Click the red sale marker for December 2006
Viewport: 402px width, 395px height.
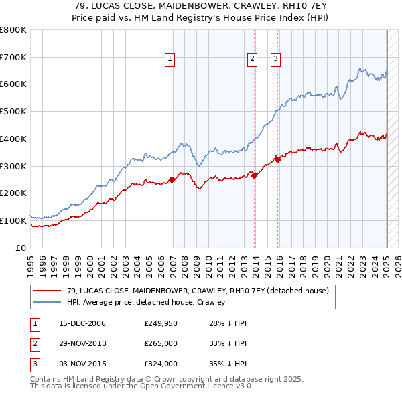click(x=172, y=179)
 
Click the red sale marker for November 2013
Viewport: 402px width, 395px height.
click(x=255, y=175)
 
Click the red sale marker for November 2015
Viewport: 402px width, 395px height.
click(x=277, y=159)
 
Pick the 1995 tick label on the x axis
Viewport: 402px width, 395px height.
click(x=31, y=265)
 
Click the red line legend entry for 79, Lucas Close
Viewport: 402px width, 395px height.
click(x=198, y=291)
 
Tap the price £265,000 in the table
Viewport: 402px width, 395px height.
click(x=160, y=344)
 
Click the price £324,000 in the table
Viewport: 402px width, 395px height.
click(x=160, y=364)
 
